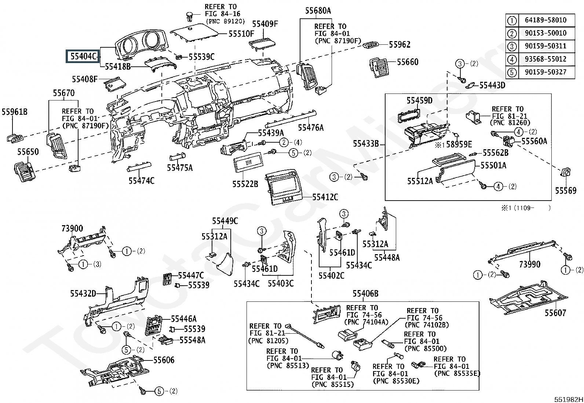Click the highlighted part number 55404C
(x=83, y=56)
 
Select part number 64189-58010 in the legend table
(x=545, y=20)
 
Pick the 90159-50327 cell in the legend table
(x=545, y=72)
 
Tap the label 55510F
(x=241, y=34)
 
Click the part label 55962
(x=399, y=45)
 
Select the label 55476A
(x=310, y=128)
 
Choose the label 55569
(x=565, y=191)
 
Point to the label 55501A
(x=493, y=165)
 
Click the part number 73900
(x=72, y=229)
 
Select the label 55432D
(x=83, y=293)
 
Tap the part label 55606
(x=164, y=360)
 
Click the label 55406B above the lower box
(x=365, y=293)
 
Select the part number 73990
(x=529, y=264)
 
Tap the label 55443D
(x=492, y=85)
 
